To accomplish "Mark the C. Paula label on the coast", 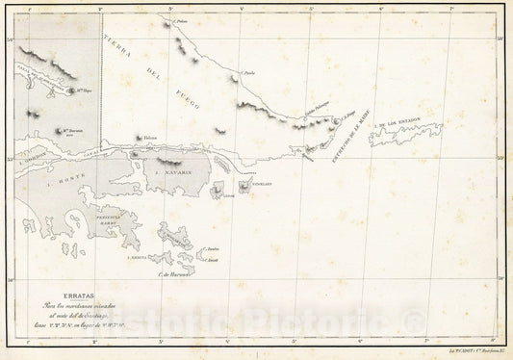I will tap(250, 72).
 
